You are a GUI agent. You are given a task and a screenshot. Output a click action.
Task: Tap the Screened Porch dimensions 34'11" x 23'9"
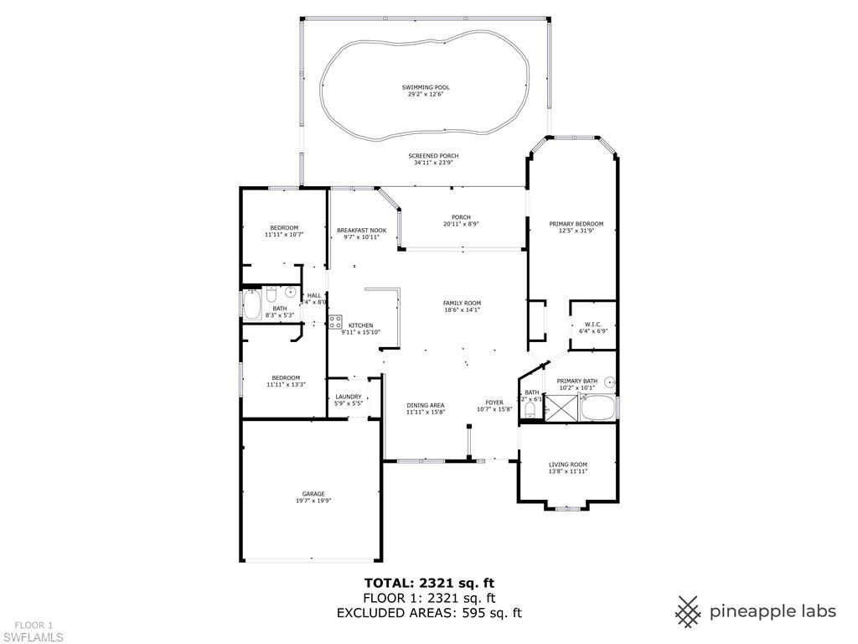433,163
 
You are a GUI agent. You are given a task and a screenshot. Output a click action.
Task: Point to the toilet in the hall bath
271,294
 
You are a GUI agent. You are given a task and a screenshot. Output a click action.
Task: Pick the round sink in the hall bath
291,293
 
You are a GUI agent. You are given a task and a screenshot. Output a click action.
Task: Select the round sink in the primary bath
611,382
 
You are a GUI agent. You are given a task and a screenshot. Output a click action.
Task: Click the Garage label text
313,494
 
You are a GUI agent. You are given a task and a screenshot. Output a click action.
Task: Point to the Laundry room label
348,397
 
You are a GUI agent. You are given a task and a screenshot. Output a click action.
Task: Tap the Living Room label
567,464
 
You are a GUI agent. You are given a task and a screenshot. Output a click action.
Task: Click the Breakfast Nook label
361,231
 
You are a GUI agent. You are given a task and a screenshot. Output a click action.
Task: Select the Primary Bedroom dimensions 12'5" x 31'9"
576,231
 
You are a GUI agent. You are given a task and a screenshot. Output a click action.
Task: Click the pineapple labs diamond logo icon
689,611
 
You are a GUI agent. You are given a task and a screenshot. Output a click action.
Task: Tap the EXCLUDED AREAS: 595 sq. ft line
429,613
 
